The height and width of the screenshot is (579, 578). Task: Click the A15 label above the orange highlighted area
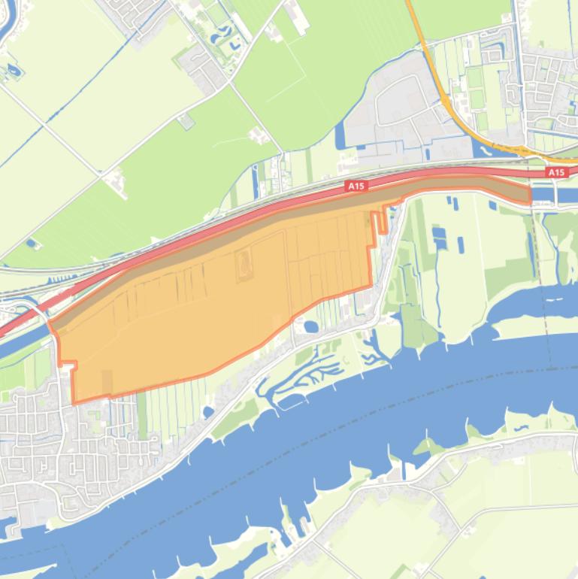(x=356, y=185)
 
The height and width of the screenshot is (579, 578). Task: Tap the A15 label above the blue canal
(x=556, y=173)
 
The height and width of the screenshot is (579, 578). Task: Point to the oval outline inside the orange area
(x=244, y=264)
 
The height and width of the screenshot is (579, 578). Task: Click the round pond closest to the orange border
(x=310, y=326)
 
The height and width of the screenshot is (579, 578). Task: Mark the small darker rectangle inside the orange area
(x=107, y=382)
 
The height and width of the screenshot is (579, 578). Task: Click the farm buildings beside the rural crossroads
(x=117, y=180)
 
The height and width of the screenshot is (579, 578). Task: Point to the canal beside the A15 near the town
(x=19, y=342)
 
